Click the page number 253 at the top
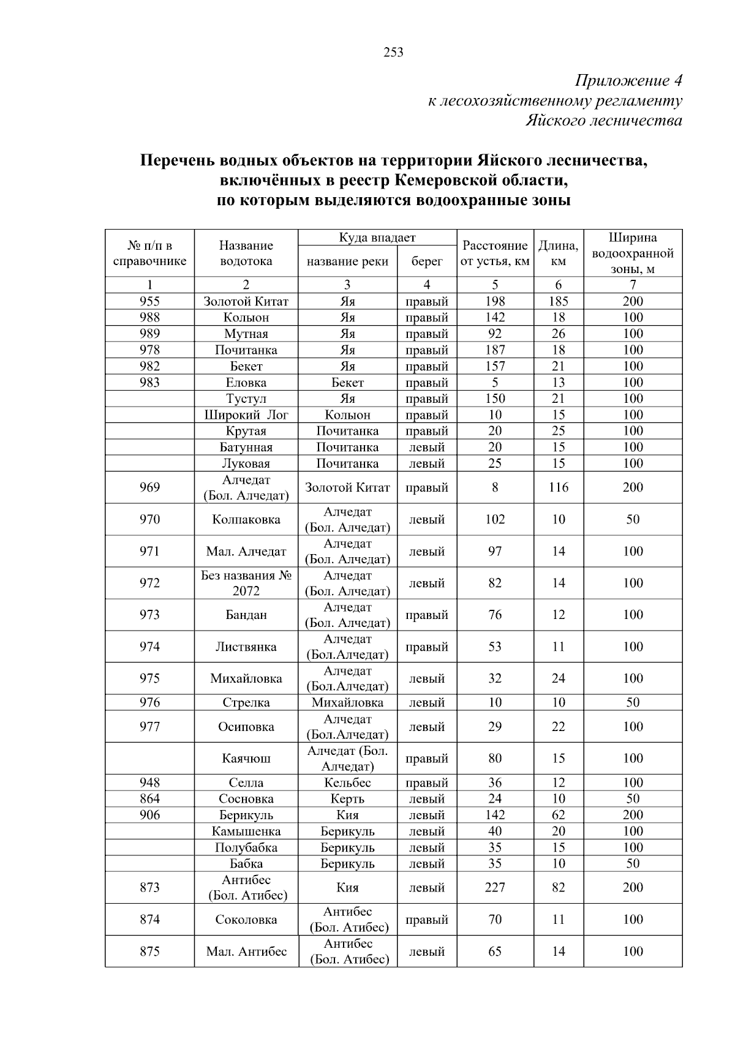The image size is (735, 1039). [393, 53]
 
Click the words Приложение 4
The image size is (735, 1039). [628, 81]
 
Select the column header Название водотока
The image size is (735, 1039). [246, 253]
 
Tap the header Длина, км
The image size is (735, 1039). [558, 253]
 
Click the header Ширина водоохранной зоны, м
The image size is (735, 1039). [633, 253]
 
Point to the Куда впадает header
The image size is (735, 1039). [377, 238]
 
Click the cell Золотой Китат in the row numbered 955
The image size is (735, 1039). [246, 301]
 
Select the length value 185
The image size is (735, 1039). [558, 301]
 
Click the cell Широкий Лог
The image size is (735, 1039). [246, 415]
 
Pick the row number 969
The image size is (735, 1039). [149, 487]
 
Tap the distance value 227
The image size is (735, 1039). [495, 888]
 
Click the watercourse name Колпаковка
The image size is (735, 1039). [246, 520]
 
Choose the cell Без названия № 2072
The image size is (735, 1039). [246, 583]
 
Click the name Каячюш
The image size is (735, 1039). [246, 759]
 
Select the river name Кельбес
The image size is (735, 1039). [347, 783]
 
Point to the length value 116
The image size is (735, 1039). [558, 487]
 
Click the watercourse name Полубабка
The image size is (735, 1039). [246, 848]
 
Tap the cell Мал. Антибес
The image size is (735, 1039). [246, 951]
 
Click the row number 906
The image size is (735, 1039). [149, 816]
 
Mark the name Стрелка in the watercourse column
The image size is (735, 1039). [246, 703]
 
